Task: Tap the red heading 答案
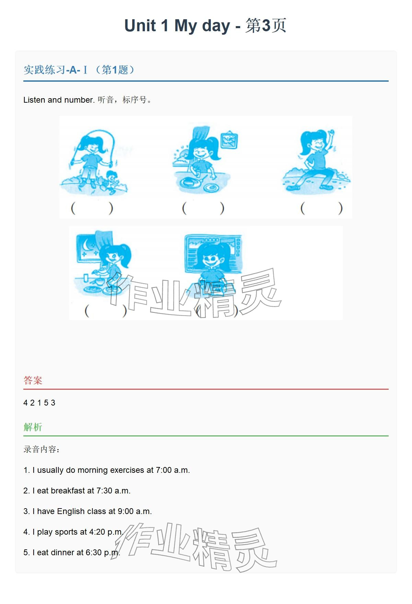coord(33,380)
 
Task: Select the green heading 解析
coord(33,427)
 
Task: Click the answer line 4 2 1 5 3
coord(39,403)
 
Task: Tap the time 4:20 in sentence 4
coord(97,532)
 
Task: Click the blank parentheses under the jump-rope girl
coord(92,208)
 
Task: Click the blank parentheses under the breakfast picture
coord(203,208)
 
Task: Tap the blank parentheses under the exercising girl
coord(321,208)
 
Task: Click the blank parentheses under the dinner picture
coord(106,311)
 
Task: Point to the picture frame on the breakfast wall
coord(229,139)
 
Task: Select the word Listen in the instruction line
coord(34,100)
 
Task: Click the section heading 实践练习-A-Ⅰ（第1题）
coord(80,70)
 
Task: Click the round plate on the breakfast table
coord(210,187)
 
